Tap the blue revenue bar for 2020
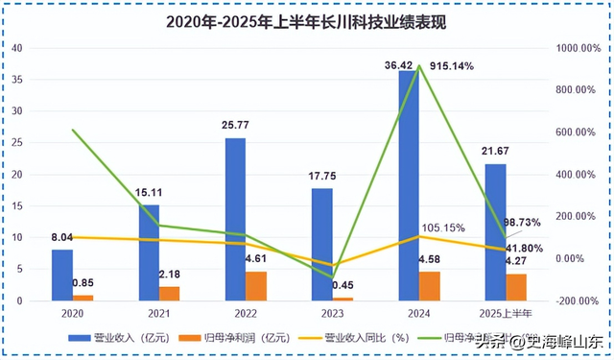click(x=62, y=275)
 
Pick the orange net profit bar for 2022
click(x=257, y=286)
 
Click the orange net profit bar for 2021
click(x=169, y=293)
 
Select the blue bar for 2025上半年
click(x=495, y=232)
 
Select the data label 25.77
click(x=234, y=126)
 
